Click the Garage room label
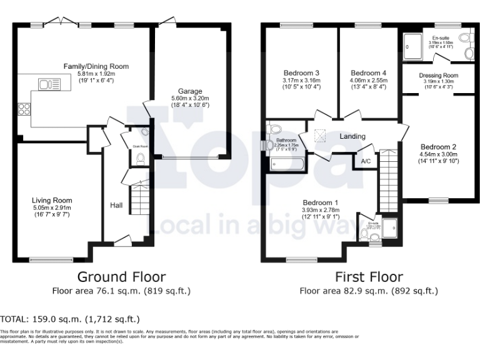[x=190, y=91]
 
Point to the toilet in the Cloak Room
[x=140, y=159]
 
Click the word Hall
[x=117, y=205]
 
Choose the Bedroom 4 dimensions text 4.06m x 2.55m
[x=368, y=80]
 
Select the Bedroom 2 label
[x=437, y=146]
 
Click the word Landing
[x=352, y=136]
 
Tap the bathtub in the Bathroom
[x=287, y=165]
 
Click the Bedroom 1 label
[x=321, y=202]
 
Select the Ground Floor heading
[x=121, y=276]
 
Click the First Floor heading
[x=369, y=276]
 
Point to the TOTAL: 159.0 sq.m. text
[x=70, y=319]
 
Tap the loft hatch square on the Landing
[x=321, y=134]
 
